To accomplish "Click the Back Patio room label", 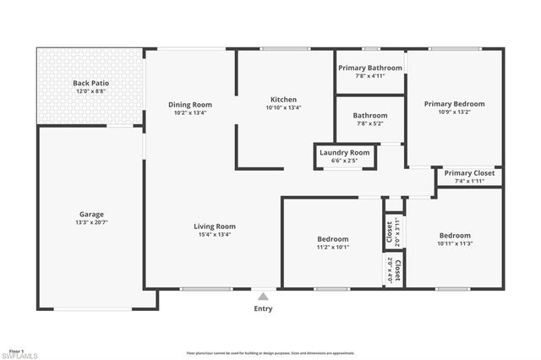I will [90, 84].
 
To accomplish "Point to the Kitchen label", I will [283, 100].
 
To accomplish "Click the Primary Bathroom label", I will [369, 68].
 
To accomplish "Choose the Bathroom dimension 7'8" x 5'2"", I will [369, 123].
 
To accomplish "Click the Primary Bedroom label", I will [454, 103].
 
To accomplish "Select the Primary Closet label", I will [469, 173].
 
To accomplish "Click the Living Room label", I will [215, 226].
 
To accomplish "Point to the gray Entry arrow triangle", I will [264, 297].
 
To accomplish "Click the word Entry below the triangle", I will [264, 309].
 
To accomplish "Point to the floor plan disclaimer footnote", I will [270, 352].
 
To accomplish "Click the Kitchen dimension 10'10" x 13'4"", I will [283, 108].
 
